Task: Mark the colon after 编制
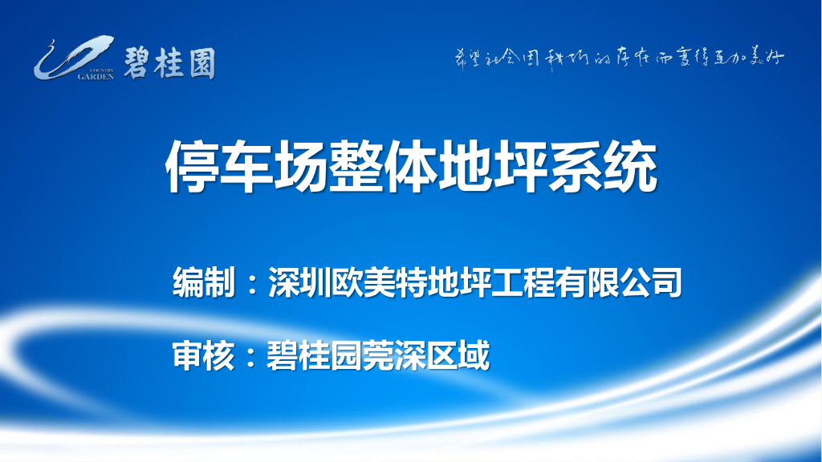251,284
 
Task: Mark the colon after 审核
251,356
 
